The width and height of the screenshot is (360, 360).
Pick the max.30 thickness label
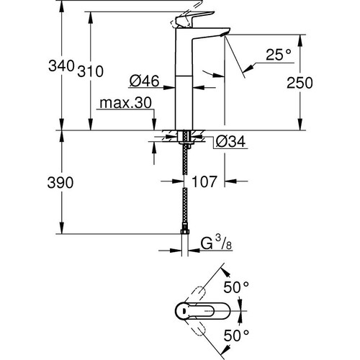click(127, 104)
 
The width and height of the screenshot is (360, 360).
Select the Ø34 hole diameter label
click(230, 143)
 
